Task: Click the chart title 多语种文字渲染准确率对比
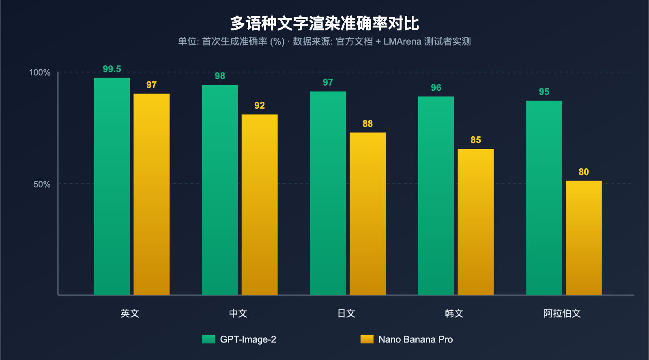click(324, 24)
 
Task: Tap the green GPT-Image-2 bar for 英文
click(112, 186)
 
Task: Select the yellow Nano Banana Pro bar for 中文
click(260, 205)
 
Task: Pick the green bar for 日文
click(328, 193)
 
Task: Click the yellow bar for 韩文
click(476, 222)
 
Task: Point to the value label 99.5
click(112, 69)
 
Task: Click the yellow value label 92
click(260, 106)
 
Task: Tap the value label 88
click(367, 124)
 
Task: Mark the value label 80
click(584, 172)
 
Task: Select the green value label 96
click(436, 88)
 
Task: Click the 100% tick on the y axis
click(40, 73)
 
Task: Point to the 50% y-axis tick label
click(42, 184)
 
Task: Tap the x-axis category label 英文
click(130, 313)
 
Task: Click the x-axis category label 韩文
click(454, 313)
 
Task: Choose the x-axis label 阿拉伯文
click(562, 313)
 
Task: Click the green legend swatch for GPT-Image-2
click(208, 339)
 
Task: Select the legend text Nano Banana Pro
click(415, 339)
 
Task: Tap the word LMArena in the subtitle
click(402, 42)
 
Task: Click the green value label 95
click(544, 92)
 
